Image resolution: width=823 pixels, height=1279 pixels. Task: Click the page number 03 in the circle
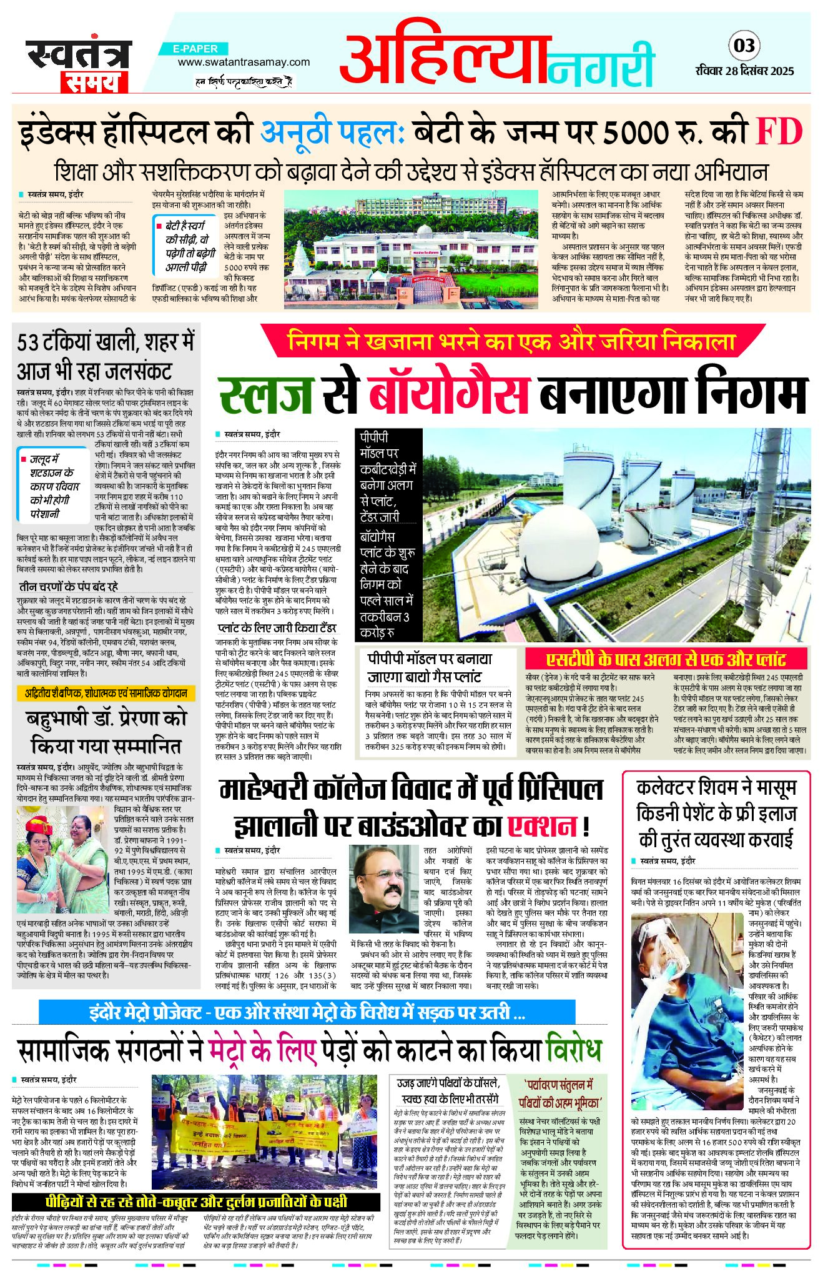pos(744,46)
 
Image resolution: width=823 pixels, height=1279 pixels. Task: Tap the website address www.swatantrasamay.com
pos(244,62)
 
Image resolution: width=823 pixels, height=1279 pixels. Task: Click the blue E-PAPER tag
pos(196,49)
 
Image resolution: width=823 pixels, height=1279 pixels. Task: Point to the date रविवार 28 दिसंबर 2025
pos(744,71)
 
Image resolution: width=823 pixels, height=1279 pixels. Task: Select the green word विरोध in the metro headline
pos(573,1050)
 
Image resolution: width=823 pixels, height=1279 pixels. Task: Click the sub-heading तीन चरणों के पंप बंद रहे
pos(68,587)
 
